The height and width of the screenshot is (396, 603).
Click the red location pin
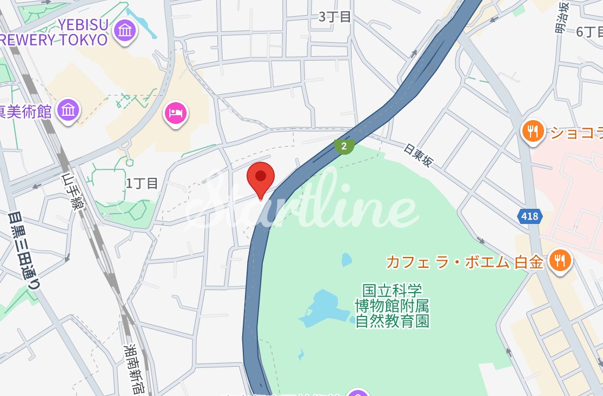(261, 177)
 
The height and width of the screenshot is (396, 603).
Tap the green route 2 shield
(344, 146)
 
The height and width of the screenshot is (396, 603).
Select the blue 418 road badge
(530, 216)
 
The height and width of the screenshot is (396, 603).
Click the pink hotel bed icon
(175, 113)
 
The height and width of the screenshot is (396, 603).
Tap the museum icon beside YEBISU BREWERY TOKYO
(125, 30)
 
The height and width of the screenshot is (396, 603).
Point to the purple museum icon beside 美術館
(68, 110)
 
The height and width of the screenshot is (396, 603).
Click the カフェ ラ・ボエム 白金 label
(464, 262)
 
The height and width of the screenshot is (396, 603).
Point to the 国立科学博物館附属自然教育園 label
(392, 306)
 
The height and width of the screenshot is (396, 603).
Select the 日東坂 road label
(418, 155)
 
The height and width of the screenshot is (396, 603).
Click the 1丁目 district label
(142, 183)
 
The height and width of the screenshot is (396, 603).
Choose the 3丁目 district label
(335, 17)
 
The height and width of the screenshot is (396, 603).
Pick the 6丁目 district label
(588, 31)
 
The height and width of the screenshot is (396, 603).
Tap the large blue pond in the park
(323, 309)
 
